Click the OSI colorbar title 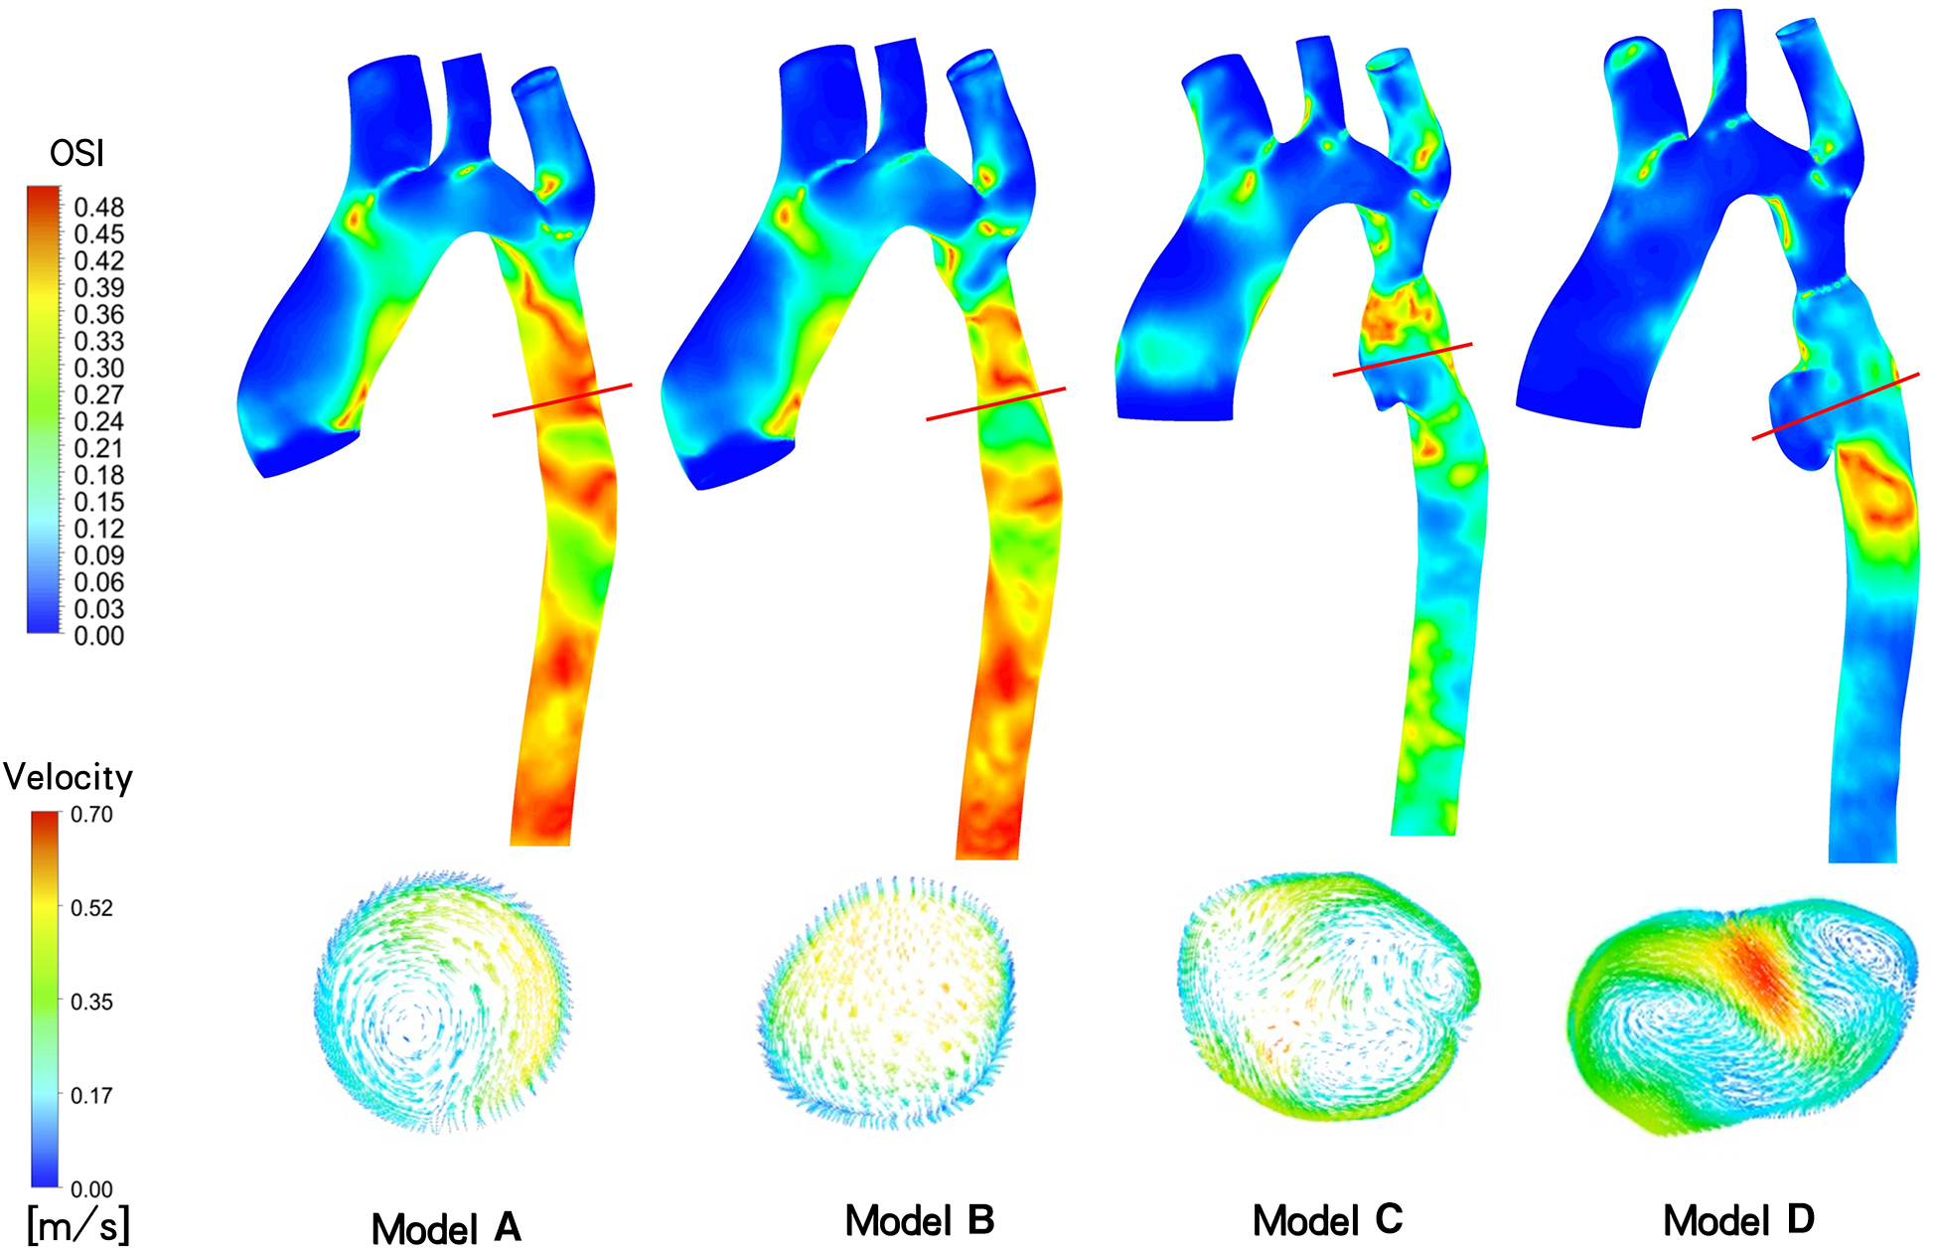(76, 154)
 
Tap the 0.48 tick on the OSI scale (98, 208)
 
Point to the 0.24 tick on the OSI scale (98, 421)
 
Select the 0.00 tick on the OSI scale (98, 636)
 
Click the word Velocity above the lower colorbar (68, 777)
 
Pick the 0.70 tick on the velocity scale (91, 815)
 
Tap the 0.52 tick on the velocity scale (91, 908)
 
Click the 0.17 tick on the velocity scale (91, 1096)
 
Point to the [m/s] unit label (77, 1224)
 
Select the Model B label (919, 1221)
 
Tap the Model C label (1327, 1221)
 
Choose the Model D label (1738, 1221)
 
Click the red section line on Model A (562, 399)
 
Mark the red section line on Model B (995, 403)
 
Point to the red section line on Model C (1402, 359)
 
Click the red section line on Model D (1835, 405)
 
